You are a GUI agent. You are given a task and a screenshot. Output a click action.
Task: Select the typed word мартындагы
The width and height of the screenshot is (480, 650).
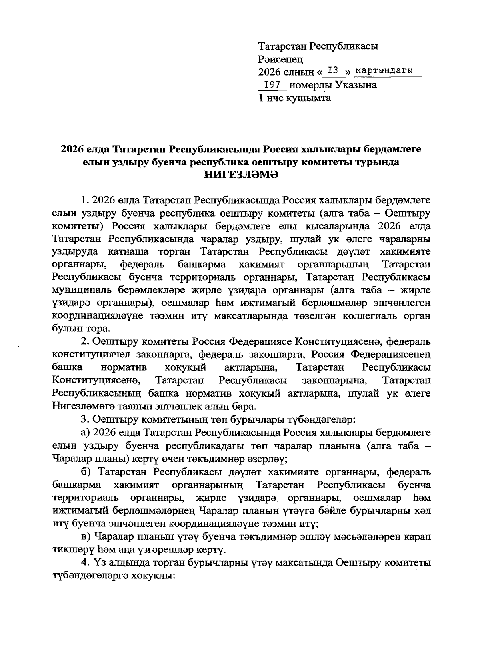click(x=384, y=71)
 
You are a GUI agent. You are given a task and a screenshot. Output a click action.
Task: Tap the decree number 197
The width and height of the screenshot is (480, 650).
click(x=272, y=85)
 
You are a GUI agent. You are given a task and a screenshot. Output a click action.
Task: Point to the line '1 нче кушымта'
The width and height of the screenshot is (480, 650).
click(x=295, y=98)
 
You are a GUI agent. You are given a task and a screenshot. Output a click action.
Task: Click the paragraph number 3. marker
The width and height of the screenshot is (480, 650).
click(x=84, y=419)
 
